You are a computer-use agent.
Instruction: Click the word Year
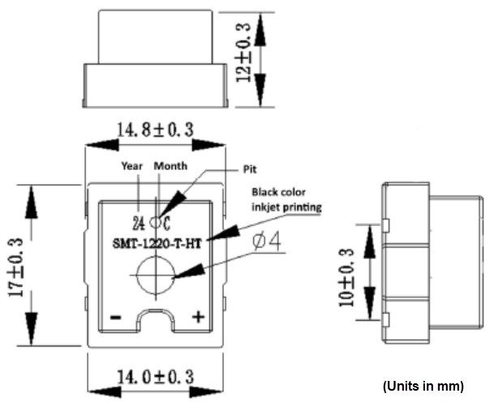coord(131,166)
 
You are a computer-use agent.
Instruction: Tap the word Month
coord(171,166)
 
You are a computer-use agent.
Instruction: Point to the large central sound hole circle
coord(154,276)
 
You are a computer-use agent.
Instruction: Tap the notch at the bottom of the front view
coord(154,320)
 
